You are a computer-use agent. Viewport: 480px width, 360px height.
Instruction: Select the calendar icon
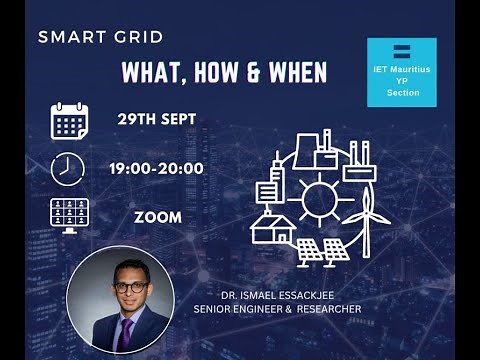70,120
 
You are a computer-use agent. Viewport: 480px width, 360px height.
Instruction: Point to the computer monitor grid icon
70,216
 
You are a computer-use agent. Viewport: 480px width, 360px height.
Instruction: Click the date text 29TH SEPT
155,119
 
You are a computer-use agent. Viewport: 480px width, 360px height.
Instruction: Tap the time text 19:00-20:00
156,168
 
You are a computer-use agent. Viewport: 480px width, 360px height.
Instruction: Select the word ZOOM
158,217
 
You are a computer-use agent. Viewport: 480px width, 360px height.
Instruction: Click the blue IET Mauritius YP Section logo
402,72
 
